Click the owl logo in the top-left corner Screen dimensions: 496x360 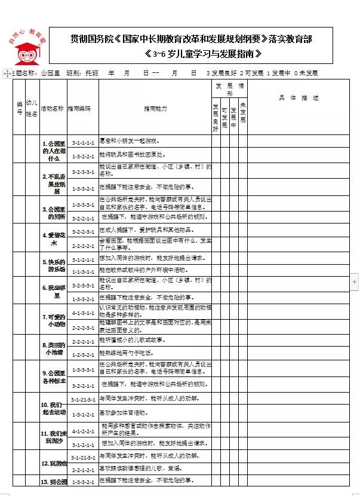pyautogui.click(x=25, y=48)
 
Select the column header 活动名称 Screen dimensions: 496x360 pyautogui.click(x=53, y=109)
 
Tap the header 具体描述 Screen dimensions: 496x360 pyautogui.click(x=299, y=97)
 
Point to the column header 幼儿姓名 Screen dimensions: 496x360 pyautogui.click(x=33, y=109)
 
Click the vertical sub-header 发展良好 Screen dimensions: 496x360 pyautogui.click(x=216, y=117)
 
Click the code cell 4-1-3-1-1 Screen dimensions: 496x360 pyautogui.click(x=82, y=312)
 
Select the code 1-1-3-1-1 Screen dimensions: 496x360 pyautogui.click(x=82, y=270)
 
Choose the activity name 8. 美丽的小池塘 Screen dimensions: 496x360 pyautogui.click(x=53, y=348)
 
